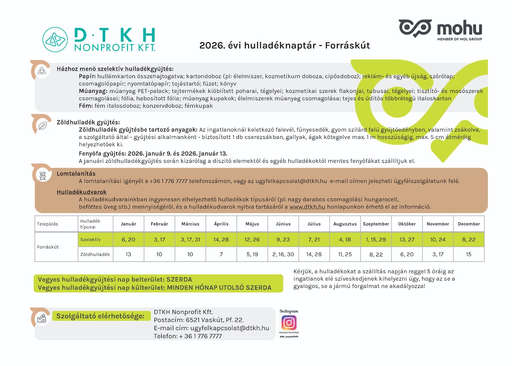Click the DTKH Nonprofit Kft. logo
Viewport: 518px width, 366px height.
(99, 40)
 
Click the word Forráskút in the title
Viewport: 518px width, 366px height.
(347, 45)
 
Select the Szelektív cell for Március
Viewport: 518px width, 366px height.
(190, 240)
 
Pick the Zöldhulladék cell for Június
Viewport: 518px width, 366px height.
(283, 254)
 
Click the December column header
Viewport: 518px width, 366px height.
(469, 224)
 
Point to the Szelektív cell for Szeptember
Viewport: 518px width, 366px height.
(376, 240)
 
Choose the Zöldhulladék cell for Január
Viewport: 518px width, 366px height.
(128, 254)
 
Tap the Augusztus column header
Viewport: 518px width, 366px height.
(345, 224)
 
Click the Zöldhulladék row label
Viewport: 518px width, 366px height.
(95, 254)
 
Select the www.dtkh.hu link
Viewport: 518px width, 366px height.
(307, 207)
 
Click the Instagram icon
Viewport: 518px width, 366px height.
(289, 323)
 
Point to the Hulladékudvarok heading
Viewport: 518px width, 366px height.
(82, 192)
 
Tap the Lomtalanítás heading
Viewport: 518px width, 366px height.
(76, 174)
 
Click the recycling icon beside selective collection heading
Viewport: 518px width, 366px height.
(42, 71)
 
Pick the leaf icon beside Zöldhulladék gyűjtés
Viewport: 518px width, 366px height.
(43, 125)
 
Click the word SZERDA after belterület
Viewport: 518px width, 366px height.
(179, 280)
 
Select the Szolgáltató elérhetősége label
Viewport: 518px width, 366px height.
(100, 316)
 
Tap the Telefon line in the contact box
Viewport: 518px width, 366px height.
(188, 336)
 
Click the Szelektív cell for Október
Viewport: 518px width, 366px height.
(407, 240)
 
